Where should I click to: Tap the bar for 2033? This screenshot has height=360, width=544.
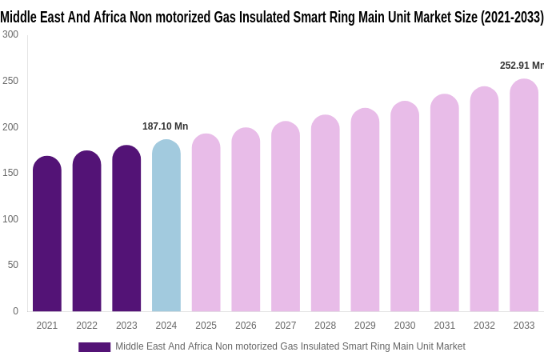click(x=524, y=195)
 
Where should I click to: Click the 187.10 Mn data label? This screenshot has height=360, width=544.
click(x=165, y=126)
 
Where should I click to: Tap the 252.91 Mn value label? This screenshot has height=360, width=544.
click(x=521, y=66)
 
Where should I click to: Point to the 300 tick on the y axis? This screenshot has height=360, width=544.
click(x=10, y=34)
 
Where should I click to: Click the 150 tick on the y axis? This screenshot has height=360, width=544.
click(x=10, y=173)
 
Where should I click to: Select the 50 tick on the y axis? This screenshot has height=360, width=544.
click(x=13, y=265)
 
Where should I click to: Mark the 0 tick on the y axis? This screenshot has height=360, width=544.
click(x=15, y=311)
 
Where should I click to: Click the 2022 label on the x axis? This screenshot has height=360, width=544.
click(x=86, y=326)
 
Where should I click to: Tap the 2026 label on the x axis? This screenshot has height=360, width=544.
click(x=246, y=326)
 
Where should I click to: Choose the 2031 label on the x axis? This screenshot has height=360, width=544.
click(x=444, y=326)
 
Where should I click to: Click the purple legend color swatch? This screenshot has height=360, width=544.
click(x=94, y=347)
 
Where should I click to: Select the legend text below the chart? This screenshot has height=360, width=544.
click(x=290, y=346)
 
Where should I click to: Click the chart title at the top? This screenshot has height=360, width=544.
click(x=272, y=17)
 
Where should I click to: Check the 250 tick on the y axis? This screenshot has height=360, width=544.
click(x=10, y=81)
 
